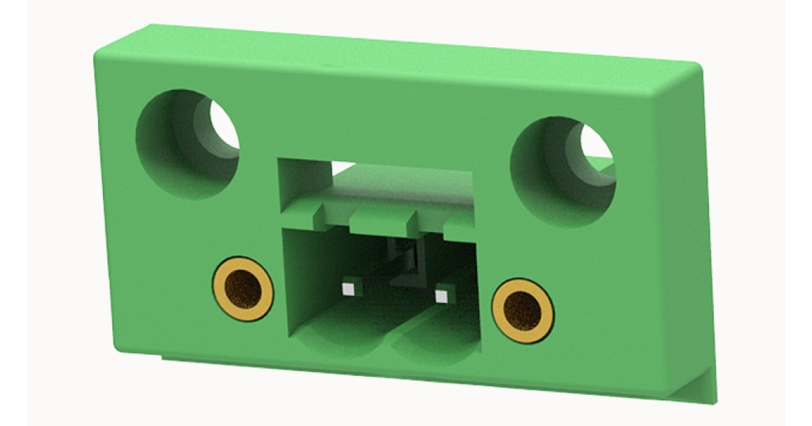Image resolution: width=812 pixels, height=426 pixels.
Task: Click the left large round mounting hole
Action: [x=187, y=143]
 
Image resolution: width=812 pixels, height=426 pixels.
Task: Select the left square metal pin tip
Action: [x=348, y=289]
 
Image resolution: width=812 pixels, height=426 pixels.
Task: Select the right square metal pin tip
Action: [x=442, y=295]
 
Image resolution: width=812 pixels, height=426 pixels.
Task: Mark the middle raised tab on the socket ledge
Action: [x=382, y=218]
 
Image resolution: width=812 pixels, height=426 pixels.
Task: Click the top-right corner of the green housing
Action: [x=697, y=66]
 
